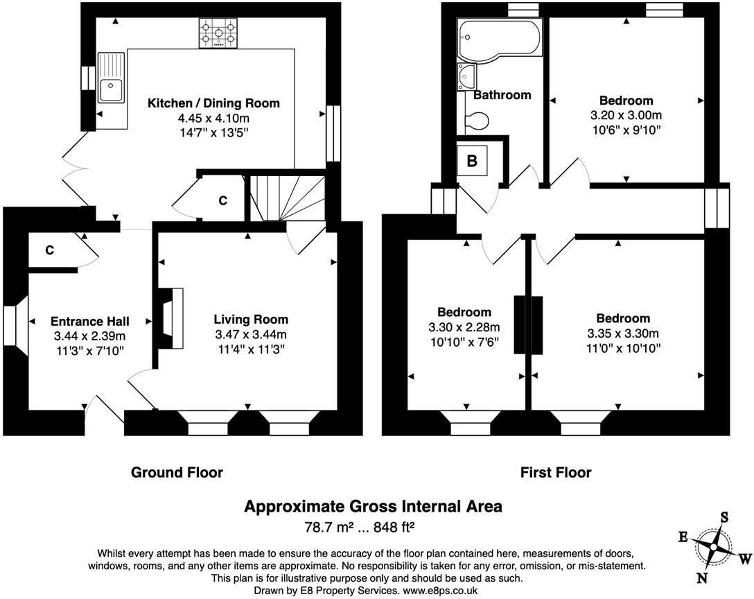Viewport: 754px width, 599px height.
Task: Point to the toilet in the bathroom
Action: click(x=477, y=121)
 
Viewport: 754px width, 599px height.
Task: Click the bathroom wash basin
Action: click(x=465, y=76)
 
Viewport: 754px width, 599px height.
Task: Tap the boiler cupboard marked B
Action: click(x=472, y=161)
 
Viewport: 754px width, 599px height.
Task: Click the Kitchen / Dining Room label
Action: click(x=213, y=103)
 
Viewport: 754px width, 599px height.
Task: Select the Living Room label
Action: click(x=250, y=320)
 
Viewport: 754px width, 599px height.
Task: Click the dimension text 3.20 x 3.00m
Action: click(x=626, y=115)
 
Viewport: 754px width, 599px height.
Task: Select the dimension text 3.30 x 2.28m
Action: click(x=464, y=327)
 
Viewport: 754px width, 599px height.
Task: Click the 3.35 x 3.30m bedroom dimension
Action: click(x=623, y=333)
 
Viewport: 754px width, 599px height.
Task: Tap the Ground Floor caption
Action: click(x=177, y=473)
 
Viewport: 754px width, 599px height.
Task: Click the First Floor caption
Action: click(x=556, y=473)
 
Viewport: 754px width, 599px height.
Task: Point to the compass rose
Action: click(x=713, y=547)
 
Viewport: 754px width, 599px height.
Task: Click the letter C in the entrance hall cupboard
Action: click(x=49, y=250)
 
